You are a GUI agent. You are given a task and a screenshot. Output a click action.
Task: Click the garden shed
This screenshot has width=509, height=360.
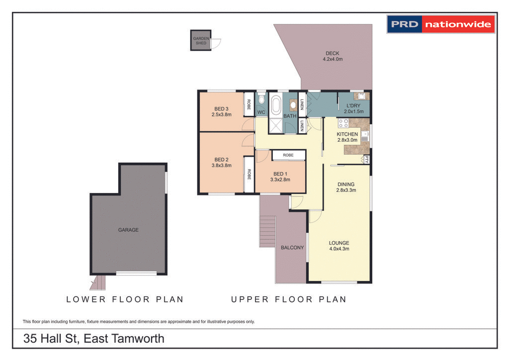pos(200,40)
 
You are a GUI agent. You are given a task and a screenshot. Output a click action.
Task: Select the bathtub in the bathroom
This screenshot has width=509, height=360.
pos(276,105)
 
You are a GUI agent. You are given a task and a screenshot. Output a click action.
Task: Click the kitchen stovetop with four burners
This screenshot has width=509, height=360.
pos(343,123)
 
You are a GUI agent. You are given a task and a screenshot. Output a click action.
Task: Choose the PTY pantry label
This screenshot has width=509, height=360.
pos(366,160)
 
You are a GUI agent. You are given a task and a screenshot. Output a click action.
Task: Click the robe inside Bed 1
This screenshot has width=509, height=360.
pos(288,155)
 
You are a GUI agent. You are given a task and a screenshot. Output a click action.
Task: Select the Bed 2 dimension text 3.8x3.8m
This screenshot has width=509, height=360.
pos(222,166)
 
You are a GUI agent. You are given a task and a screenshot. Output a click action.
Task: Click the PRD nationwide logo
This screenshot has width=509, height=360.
pos(441,24)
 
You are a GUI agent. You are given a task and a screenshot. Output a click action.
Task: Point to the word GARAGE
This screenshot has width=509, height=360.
pos(128,230)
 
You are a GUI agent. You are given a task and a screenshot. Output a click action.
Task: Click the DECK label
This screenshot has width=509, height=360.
pos(333,53)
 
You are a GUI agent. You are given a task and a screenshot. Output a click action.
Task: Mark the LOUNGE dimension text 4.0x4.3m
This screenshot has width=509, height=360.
pos(339,249)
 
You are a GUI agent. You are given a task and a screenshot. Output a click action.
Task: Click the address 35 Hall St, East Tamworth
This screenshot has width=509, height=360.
pos(94,339)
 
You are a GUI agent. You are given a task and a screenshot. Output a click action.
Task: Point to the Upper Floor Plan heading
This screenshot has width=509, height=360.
pos(288,299)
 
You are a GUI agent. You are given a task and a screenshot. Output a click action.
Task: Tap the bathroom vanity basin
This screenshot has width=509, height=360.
pos(293,105)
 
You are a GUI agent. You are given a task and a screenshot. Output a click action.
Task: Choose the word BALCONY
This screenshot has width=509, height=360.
pos(292,248)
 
